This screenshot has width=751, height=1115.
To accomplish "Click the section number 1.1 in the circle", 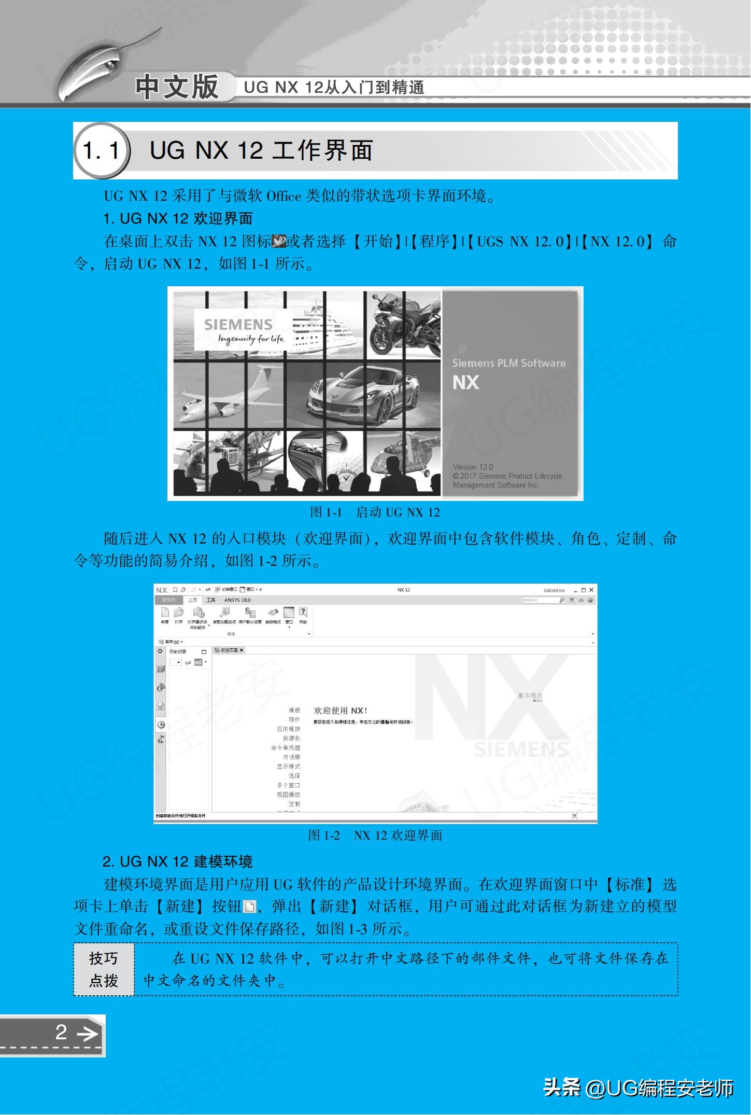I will pos(101,151).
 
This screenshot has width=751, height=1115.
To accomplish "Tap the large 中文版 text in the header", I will pos(177,86).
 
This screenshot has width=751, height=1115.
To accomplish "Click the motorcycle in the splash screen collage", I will pos(404,325).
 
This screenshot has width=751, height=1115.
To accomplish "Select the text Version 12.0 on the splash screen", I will pos(473,467).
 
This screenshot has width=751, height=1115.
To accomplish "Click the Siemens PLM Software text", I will pos(508,363).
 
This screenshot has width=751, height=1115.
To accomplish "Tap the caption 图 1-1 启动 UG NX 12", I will pos(375,512).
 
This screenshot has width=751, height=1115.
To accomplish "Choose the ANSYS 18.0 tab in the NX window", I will pos(237,600).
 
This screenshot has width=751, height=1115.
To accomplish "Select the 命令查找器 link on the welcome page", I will pos(285,748).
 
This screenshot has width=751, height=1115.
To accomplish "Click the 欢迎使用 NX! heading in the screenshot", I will pos(341,710).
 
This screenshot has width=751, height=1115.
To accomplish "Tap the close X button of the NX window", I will pos(591,590).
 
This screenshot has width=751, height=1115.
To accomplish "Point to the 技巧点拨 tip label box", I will pos(104,969).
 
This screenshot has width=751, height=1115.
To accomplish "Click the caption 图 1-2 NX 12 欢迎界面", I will pos(375,835).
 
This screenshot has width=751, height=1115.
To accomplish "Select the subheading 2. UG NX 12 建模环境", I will pos(177,862).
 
